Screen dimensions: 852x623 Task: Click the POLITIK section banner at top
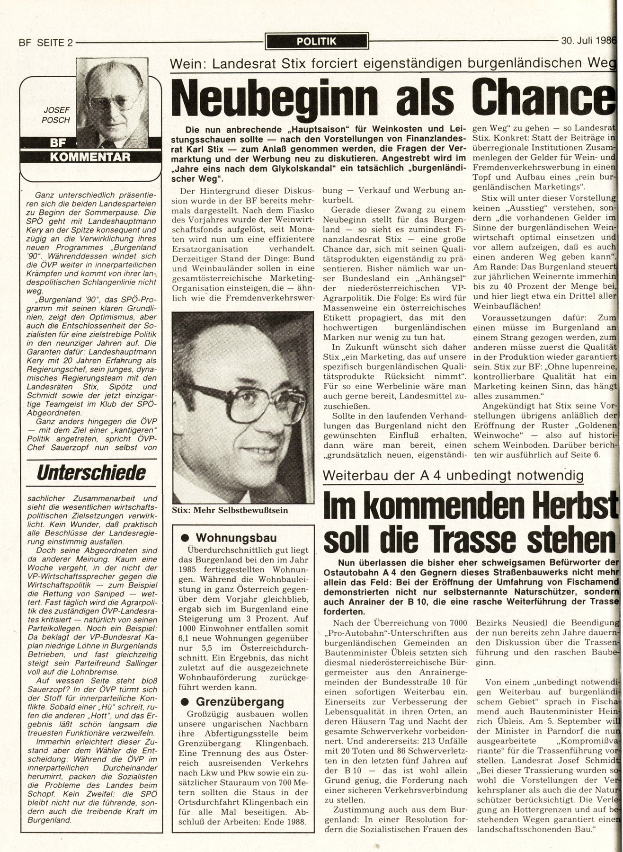click(316, 42)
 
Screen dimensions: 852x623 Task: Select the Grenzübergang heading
click(240, 701)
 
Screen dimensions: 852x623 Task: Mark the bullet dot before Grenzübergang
click(186, 701)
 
